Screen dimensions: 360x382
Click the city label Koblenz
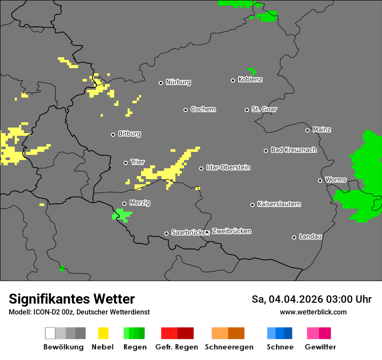pyautogui.click(x=250, y=79)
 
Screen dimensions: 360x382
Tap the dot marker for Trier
pyautogui.click(x=125, y=163)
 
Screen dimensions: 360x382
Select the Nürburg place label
pyautogui.click(x=178, y=82)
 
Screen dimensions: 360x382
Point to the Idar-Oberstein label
pyautogui.click(x=228, y=167)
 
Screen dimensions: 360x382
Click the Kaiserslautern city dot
pyautogui.click(x=252, y=205)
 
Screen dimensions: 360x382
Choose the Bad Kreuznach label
pyautogui.click(x=293, y=150)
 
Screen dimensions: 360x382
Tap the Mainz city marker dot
pyautogui.click(x=307, y=130)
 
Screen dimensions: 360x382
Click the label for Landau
pyautogui.click(x=310, y=236)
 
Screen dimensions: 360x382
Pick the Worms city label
pyautogui.click(x=336, y=180)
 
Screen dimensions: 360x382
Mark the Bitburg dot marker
pyautogui.click(x=113, y=134)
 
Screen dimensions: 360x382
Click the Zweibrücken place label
pyautogui.click(x=231, y=231)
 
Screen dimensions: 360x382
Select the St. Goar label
pyautogui.click(x=264, y=109)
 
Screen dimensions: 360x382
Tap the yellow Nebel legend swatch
pyautogui.click(x=103, y=333)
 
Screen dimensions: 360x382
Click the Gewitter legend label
pyautogui.click(x=320, y=347)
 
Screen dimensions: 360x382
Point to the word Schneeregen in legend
pyautogui.click(x=229, y=347)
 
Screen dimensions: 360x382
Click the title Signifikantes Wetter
pyautogui.click(x=72, y=299)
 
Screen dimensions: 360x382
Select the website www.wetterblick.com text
pyautogui.click(x=313, y=312)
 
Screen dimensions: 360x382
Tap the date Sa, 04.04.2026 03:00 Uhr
pyautogui.click(x=311, y=299)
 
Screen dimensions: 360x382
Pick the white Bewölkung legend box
pyautogui.click(x=50, y=333)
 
